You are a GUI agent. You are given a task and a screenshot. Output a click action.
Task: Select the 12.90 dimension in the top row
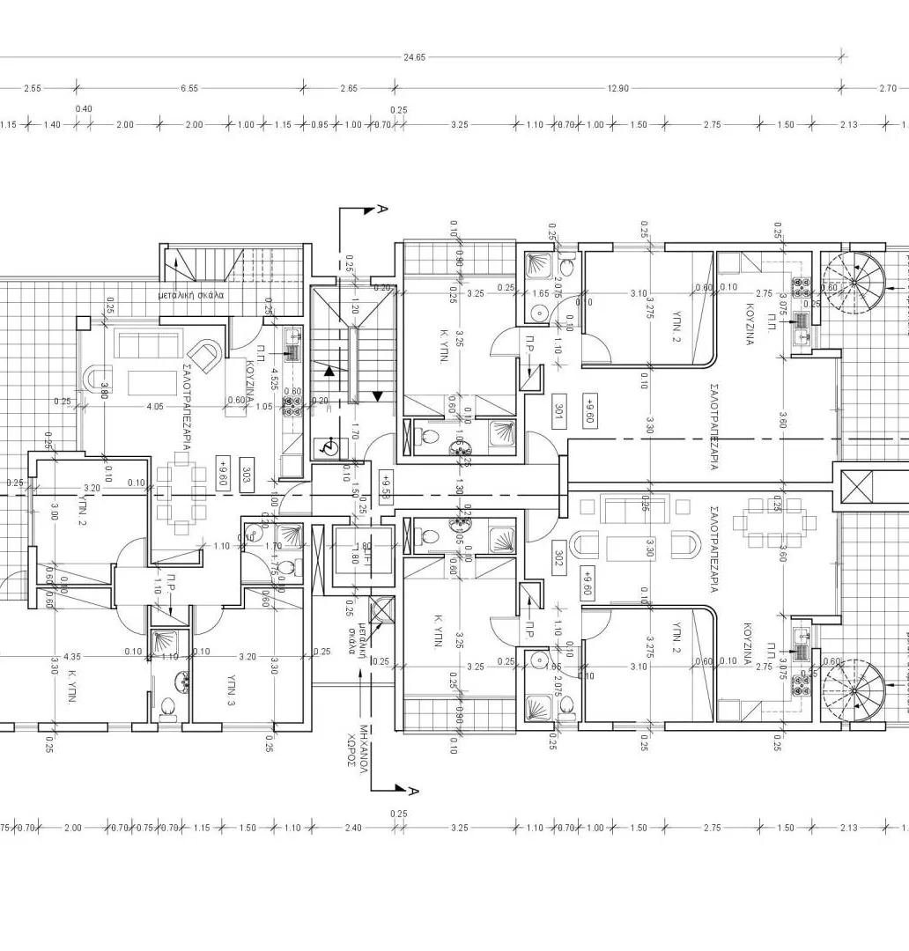click(x=617, y=88)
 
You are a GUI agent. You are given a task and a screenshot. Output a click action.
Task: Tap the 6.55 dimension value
click(x=188, y=88)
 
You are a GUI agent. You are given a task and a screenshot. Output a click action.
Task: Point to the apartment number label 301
click(x=558, y=412)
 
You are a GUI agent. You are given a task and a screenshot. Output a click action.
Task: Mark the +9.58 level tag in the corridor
click(x=385, y=484)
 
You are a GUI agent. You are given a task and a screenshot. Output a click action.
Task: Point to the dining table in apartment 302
click(x=768, y=521)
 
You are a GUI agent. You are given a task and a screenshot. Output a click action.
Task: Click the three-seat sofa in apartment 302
click(x=624, y=508)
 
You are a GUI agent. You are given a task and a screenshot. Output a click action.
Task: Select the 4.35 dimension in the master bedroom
click(x=72, y=655)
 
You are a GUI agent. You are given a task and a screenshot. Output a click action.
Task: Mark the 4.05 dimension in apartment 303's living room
click(x=155, y=406)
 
